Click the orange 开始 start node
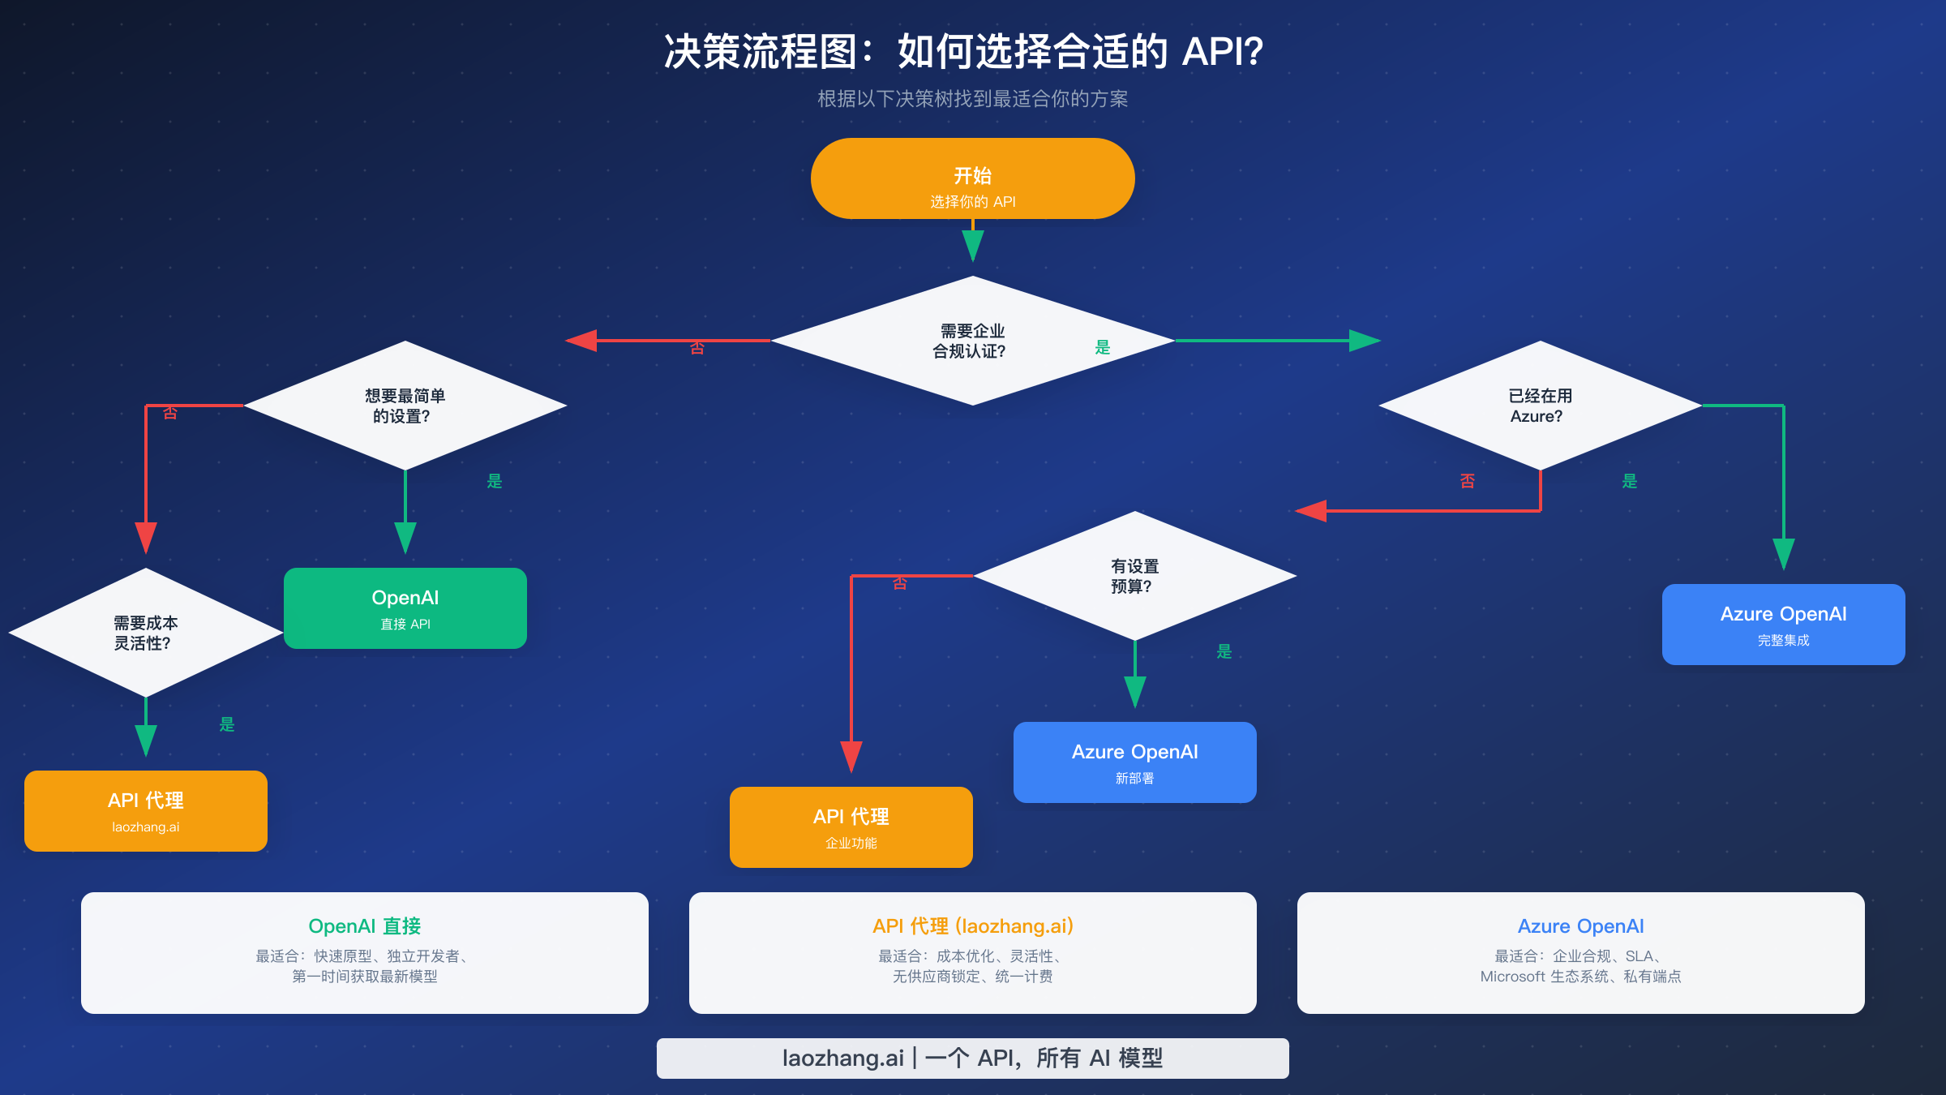point(972,178)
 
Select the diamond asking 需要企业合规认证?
point(972,341)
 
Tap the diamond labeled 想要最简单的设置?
point(405,406)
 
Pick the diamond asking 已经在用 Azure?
point(1540,406)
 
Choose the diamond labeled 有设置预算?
point(1134,576)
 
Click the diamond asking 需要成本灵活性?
point(146,633)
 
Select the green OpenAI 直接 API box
point(405,608)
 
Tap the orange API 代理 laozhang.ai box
point(146,811)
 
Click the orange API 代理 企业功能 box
point(851,827)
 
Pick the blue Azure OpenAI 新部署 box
point(1135,762)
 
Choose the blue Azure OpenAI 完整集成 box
point(1784,625)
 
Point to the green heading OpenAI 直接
point(365,926)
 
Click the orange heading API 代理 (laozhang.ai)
point(973,926)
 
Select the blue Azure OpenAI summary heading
point(1581,926)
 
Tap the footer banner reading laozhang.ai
point(973,1058)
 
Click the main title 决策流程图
point(963,52)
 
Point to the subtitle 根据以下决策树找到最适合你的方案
point(973,99)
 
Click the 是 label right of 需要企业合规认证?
point(1103,347)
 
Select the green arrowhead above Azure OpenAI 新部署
point(1135,692)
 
